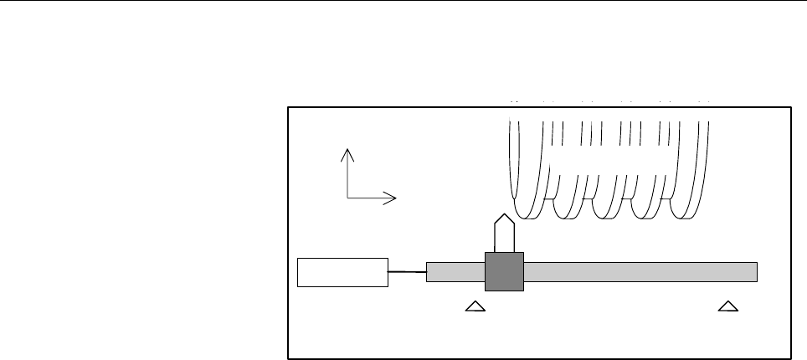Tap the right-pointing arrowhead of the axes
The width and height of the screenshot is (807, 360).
[x=390, y=198]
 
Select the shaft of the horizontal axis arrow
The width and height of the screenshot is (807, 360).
[x=368, y=198]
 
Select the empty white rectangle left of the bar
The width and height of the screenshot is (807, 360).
[x=343, y=272]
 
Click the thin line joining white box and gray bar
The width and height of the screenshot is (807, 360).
[x=408, y=272]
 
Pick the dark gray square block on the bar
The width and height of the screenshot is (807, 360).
[x=504, y=271]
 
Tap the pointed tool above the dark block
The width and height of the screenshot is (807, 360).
[x=504, y=232]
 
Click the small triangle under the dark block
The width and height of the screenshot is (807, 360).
[x=475, y=307]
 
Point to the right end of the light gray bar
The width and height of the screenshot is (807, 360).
[x=756, y=272]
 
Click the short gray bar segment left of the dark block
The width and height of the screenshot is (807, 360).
[x=455, y=272]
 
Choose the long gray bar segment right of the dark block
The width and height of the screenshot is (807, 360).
[x=640, y=272]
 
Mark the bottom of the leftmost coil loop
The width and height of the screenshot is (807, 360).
[x=527, y=213]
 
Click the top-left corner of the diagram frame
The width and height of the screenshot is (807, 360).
[x=288, y=107]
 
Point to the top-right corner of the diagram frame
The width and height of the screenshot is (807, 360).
[x=791, y=107]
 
